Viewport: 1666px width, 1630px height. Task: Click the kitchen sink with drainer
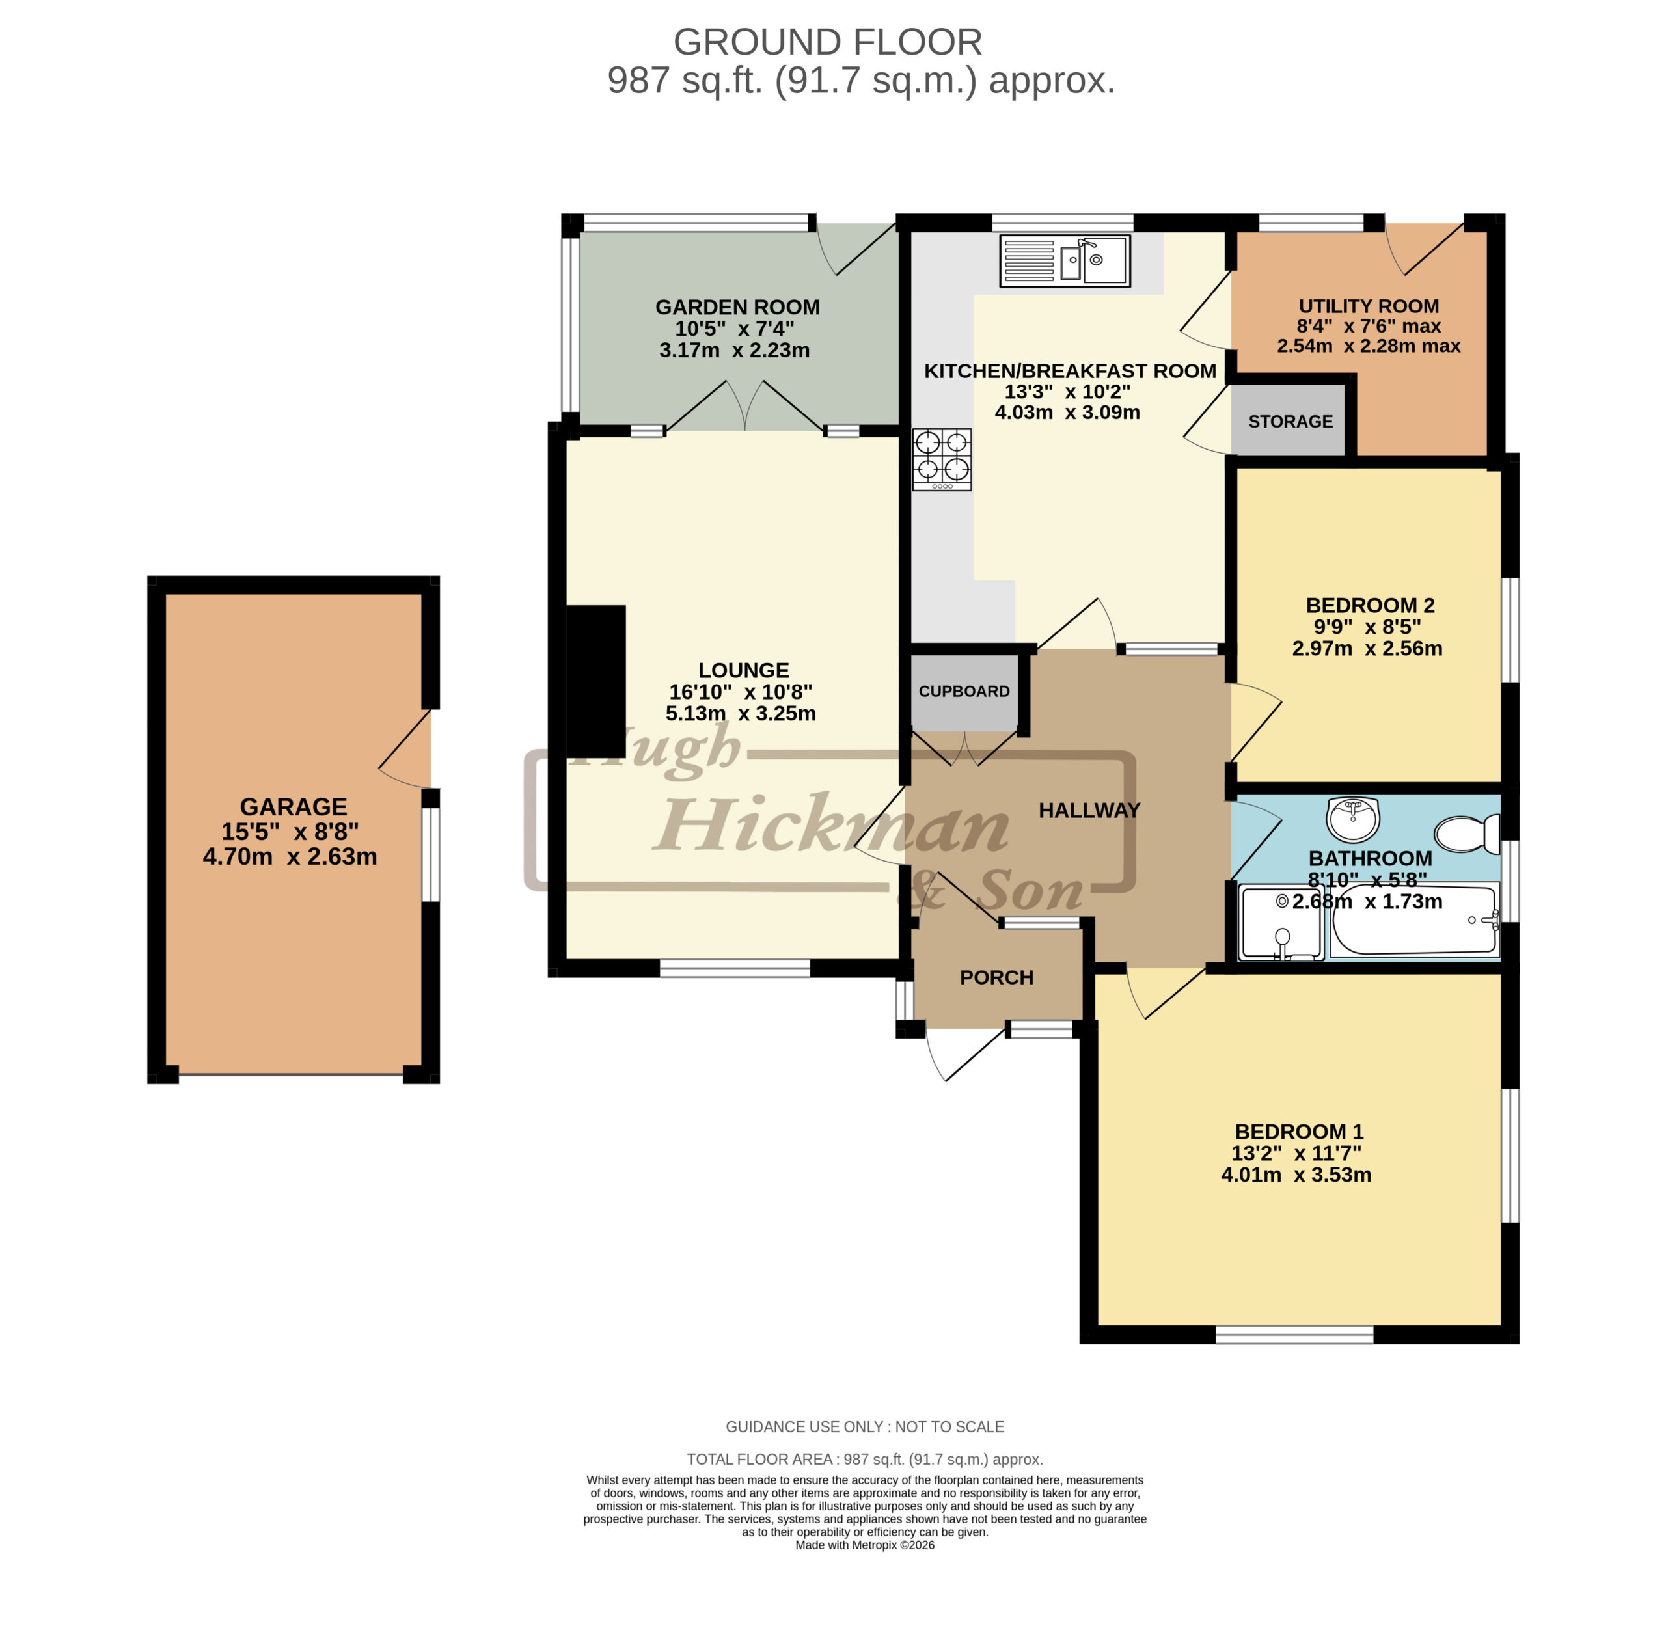pos(1065,260)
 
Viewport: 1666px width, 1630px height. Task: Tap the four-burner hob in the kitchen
pos(942,459)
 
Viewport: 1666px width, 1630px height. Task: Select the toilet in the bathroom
pos(1466,833)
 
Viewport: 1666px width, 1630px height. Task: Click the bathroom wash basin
pos(1353,819)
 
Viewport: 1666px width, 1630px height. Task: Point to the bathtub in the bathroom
pos(1414,920)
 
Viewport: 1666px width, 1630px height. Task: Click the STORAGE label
pos(1290,421)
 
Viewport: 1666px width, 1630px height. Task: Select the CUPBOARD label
pos(964,691)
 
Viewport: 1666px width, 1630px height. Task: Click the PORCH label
pos(996,977)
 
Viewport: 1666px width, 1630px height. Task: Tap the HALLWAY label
pos(1089,810)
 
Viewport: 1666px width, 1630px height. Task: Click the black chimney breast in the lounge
pos(596,680)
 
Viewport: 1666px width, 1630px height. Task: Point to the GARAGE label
pos(294,806)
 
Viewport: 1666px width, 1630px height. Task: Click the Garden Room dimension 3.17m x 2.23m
pos(735,350)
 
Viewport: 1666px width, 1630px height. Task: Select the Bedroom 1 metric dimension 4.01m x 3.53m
pos(1296,1175)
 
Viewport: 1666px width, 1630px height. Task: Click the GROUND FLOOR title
pos(828,42)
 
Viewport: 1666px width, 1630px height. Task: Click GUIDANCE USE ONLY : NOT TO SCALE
pos(865,1427)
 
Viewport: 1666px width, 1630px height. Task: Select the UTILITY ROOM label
pos(1369,306)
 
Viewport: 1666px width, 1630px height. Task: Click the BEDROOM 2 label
pos(1370,605)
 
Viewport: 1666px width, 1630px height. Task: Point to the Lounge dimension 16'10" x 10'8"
pos(741,692)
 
